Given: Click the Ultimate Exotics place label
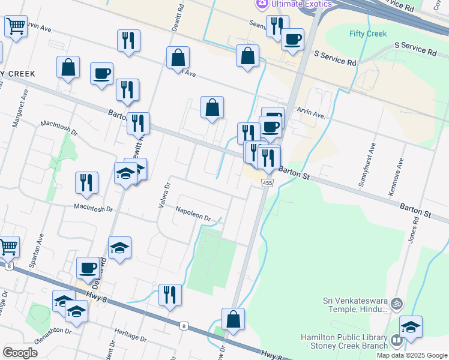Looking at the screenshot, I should [x=301, y=4].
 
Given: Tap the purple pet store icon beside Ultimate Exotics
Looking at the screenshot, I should [x=262, y=4].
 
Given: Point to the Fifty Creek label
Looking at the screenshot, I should [x=368, y=34].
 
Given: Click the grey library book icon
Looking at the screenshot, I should [x=396, y=341].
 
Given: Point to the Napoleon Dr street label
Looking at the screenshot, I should [x=193, y=214].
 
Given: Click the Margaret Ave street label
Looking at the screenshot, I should [x=20, y=108].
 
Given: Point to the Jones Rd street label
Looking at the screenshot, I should [x=412, y=229].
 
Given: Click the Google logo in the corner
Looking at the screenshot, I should [x=20, y=353].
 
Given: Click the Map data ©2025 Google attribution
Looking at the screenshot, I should [x=411, y=355].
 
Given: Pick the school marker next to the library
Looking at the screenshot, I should [x=411, y=328].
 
